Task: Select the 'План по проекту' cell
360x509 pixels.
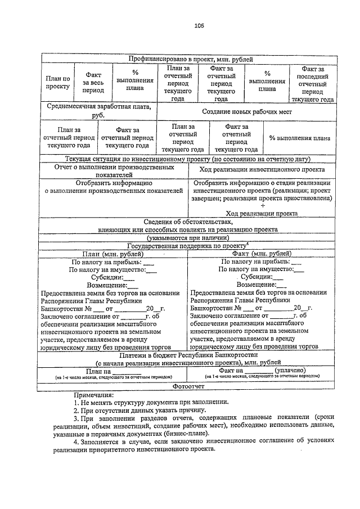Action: click(x=57, y=83)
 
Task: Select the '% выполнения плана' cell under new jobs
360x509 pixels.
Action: click(x=299, y=138)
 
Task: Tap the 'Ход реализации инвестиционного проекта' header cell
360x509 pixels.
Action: click(x=262, y=169)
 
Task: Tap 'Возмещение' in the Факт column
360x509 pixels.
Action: click(x=262, y=285)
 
